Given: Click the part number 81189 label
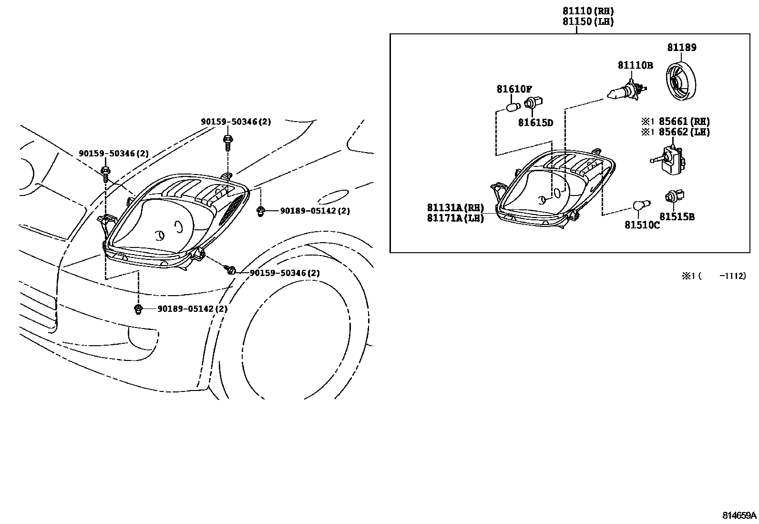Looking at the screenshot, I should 681,48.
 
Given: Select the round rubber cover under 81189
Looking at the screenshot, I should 680,82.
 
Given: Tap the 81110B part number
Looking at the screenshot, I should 635,65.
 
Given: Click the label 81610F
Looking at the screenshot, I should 514,89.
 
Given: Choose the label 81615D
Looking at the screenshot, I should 535,123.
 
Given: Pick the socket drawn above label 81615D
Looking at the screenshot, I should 531,103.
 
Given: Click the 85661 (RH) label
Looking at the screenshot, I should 684,122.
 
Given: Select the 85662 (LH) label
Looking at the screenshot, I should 684,132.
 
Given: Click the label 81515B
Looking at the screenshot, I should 677,217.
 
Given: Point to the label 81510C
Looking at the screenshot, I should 642,225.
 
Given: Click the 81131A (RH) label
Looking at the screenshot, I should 455,208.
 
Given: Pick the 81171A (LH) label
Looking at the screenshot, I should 455,218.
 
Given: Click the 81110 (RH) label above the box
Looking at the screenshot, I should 588,11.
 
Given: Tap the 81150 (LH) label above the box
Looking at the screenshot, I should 588,21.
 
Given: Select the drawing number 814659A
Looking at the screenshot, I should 739,515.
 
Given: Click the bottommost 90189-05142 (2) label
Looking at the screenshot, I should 192,309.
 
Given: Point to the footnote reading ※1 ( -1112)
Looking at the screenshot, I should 713,276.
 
